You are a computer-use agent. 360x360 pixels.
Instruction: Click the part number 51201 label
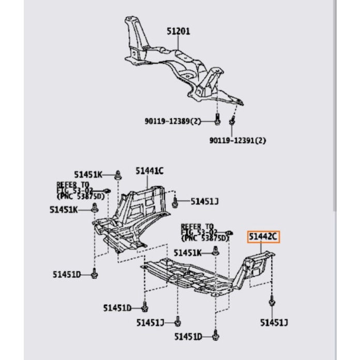pos(178,31)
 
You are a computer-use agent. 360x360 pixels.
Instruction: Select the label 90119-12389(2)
pos(172,122)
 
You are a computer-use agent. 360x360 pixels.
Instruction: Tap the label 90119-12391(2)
pos(237,140)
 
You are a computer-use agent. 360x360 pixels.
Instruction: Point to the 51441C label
pos(149,171)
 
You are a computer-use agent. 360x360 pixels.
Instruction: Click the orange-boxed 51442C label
pos(263,237)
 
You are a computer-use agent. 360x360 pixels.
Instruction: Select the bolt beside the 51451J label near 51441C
pos(176,202)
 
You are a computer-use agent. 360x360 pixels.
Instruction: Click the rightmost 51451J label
pos(274,323)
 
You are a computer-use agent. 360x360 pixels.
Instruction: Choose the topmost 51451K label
pos(88,175)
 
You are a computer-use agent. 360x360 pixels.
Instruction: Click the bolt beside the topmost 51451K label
pos(118,174)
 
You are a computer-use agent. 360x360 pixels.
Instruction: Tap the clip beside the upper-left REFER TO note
pos(107,192)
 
